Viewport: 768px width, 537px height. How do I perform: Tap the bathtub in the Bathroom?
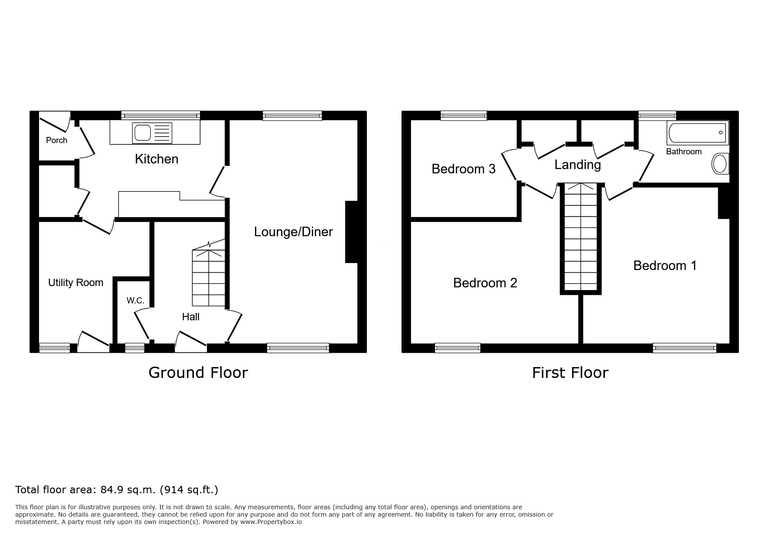coord(697,133)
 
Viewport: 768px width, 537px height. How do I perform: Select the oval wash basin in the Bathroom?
coord(720,164)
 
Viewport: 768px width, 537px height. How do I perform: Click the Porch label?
coord(57,140)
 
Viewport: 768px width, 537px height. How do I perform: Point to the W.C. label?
coord(135,300)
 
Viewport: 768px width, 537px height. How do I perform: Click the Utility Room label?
coord(76,283)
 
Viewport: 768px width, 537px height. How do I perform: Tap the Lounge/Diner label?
coord(294,232)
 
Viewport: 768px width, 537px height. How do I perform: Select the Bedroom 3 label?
coord(464,169)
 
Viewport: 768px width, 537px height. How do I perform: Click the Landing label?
coord(578,165)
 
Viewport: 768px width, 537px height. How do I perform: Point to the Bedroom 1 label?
coord(665,265)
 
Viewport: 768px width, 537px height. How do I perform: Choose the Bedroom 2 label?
coord(485,283)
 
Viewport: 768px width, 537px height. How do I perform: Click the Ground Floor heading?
coord(198,372)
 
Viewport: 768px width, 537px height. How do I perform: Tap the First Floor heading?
coord(570,372)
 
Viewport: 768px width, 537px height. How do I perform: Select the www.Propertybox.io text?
coord(271,522)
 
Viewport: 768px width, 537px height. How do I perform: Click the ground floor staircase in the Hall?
coord(209,273)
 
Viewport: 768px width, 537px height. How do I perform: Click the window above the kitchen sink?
coord(160,115)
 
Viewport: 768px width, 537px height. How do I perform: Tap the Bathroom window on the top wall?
coord(657,115)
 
